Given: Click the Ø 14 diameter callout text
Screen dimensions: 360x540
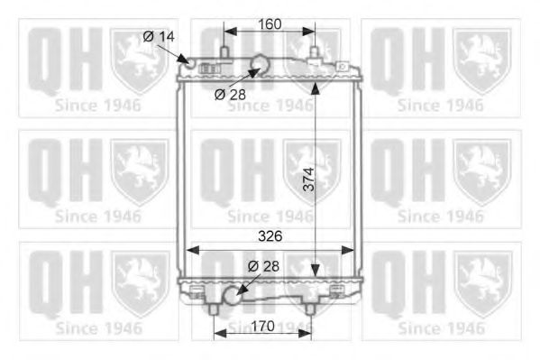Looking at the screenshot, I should (158, 36).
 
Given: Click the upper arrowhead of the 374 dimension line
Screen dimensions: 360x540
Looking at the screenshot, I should (315, 87).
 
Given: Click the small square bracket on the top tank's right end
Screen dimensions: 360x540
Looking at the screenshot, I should (343, 66).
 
